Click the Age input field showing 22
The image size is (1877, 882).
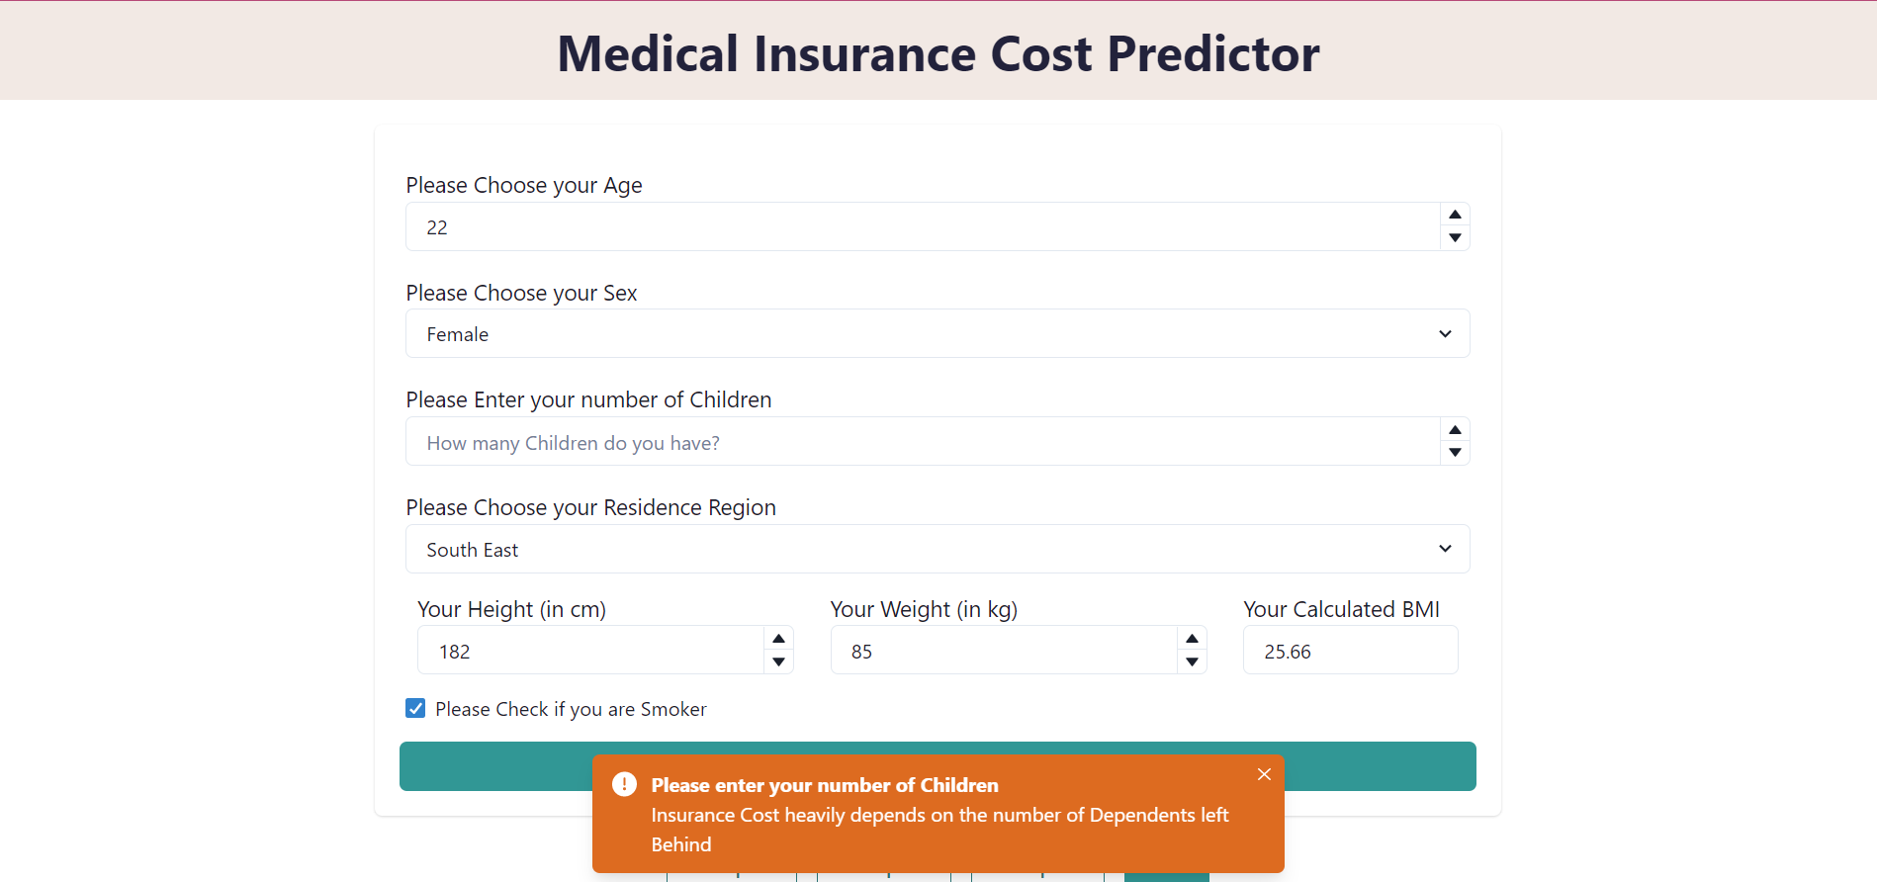[x=920, y=227]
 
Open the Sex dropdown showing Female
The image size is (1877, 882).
[x=937, y=334]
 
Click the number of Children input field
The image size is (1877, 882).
[x=920, y=442]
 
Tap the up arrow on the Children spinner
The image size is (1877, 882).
[x=1455, y=430]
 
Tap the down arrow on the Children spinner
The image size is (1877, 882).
[x=1455, y=453]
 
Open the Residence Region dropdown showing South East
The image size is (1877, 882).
[x=937, y=550]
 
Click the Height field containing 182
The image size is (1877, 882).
[x=590, y=652]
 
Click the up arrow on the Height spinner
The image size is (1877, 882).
[x=779, y=639]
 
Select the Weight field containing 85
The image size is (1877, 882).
[x=1003, y=652]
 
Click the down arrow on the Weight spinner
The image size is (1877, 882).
[x=1193, y=662]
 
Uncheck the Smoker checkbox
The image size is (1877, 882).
[x=415, y=709]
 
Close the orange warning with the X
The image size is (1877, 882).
[x=1264, y=774]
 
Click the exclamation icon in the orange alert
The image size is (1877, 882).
[x=624, y=785]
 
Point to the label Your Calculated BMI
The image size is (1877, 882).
[x=1341, y=609]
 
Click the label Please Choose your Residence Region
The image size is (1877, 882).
[x=590, y=507]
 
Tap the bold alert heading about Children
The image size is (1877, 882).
[x=825, y=785]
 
